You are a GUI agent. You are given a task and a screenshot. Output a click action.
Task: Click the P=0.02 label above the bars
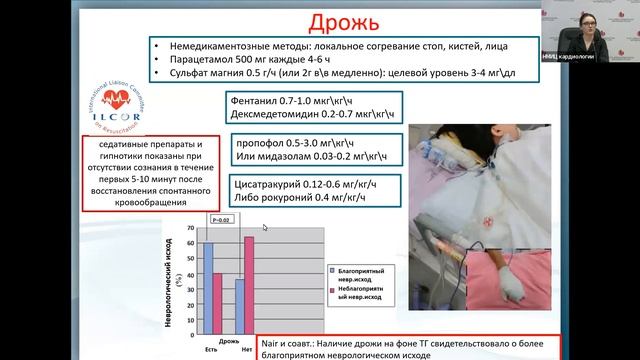(222, 217)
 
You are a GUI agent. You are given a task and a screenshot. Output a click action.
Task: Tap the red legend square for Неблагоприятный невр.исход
(332, 291)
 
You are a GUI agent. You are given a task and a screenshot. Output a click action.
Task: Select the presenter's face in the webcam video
(589, 21)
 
